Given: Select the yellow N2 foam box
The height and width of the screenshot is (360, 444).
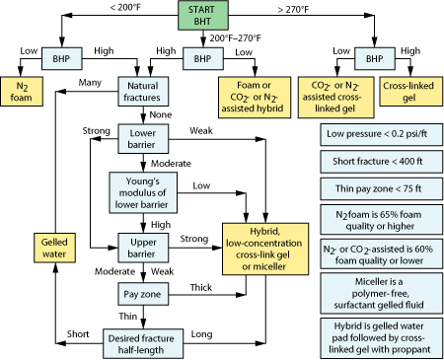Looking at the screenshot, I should pyautogui.click(x=22, y=92).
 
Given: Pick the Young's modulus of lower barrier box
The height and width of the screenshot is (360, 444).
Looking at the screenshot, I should pyautogui.click(x=146, y=189).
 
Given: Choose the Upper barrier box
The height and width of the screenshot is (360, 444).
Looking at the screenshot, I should pyautogui.click(x=146, y=244).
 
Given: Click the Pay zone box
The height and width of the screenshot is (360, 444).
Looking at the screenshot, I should pyautogui.click(x=146, y=293).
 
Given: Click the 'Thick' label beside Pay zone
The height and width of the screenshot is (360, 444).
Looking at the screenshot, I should pyautogui.click(x=198, y=287).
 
